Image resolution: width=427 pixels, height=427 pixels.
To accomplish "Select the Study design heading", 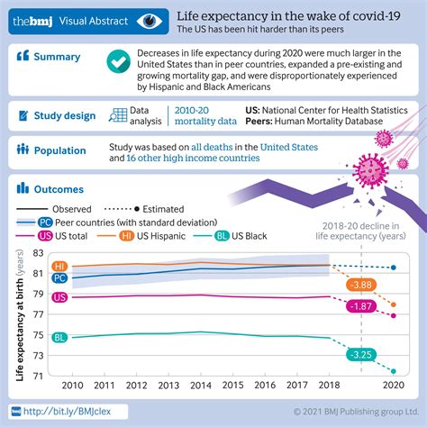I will click(64, 115).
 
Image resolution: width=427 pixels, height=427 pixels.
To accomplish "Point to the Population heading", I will click(61, 150).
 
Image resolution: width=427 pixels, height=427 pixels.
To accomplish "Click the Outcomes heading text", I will click(59, 190).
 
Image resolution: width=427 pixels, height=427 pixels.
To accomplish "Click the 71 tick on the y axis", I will click(38, 377).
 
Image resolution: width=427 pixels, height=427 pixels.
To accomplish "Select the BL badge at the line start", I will click(60, 338).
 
